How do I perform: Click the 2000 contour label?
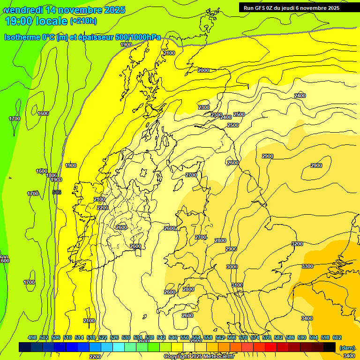point(203,70)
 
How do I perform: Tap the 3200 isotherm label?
point(297,244)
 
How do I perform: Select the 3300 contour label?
point(307,266)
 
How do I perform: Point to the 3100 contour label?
point(237,285)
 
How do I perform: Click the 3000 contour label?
point(232,267)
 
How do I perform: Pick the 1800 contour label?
point(52,175)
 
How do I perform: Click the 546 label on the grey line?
point(57,192)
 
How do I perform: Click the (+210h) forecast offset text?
point(83,21)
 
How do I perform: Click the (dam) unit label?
point(347,347)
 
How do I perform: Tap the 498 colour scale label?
point(32,337)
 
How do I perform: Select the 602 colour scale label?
point(337,337)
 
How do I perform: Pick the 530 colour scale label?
point(126,337)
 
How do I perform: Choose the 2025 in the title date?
point(114,10)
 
